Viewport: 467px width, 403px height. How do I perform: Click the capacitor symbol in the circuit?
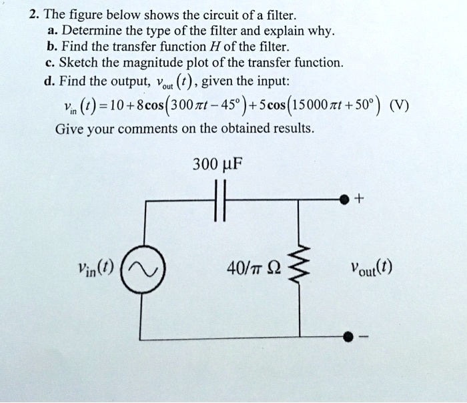coord(223,199)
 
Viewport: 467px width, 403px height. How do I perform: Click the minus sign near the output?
coord(363,340)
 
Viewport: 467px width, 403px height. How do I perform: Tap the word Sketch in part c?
coord(77,63)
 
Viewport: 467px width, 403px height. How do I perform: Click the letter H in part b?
coord(204,47)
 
